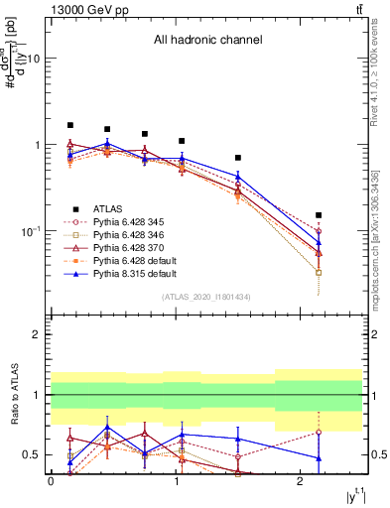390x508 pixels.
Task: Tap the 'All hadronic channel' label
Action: tap(207, 41)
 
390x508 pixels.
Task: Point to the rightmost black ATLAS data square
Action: tap(319, 215)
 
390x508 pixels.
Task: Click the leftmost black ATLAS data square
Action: tap(70, 126)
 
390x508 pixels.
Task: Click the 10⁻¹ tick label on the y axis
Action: tap(29, 230)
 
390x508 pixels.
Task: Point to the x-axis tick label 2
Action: tap(301, 481)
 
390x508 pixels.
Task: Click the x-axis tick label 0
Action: tap(51, 481)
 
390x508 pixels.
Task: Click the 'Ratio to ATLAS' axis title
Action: tap(14, 396)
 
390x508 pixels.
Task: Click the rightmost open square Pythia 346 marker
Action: tap(319, 272)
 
